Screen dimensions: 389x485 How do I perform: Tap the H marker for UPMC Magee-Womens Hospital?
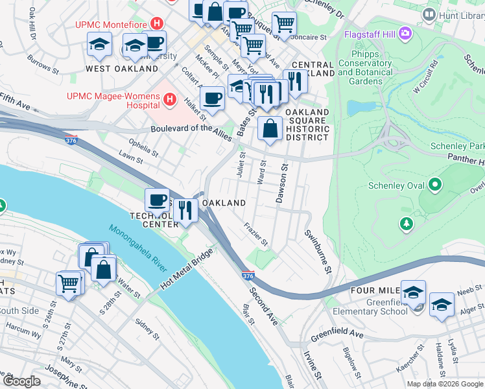(x=169, y=99)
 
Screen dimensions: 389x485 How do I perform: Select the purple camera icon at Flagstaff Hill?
(x=405, y=32)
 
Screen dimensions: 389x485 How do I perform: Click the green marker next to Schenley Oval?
(x=434, y=186)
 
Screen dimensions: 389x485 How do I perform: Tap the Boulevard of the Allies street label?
(x=192, y=129)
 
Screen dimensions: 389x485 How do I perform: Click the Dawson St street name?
(x=283, y=183)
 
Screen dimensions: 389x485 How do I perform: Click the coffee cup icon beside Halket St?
(x=212, y=99)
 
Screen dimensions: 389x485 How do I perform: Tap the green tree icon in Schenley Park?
(x=407, y=224)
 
